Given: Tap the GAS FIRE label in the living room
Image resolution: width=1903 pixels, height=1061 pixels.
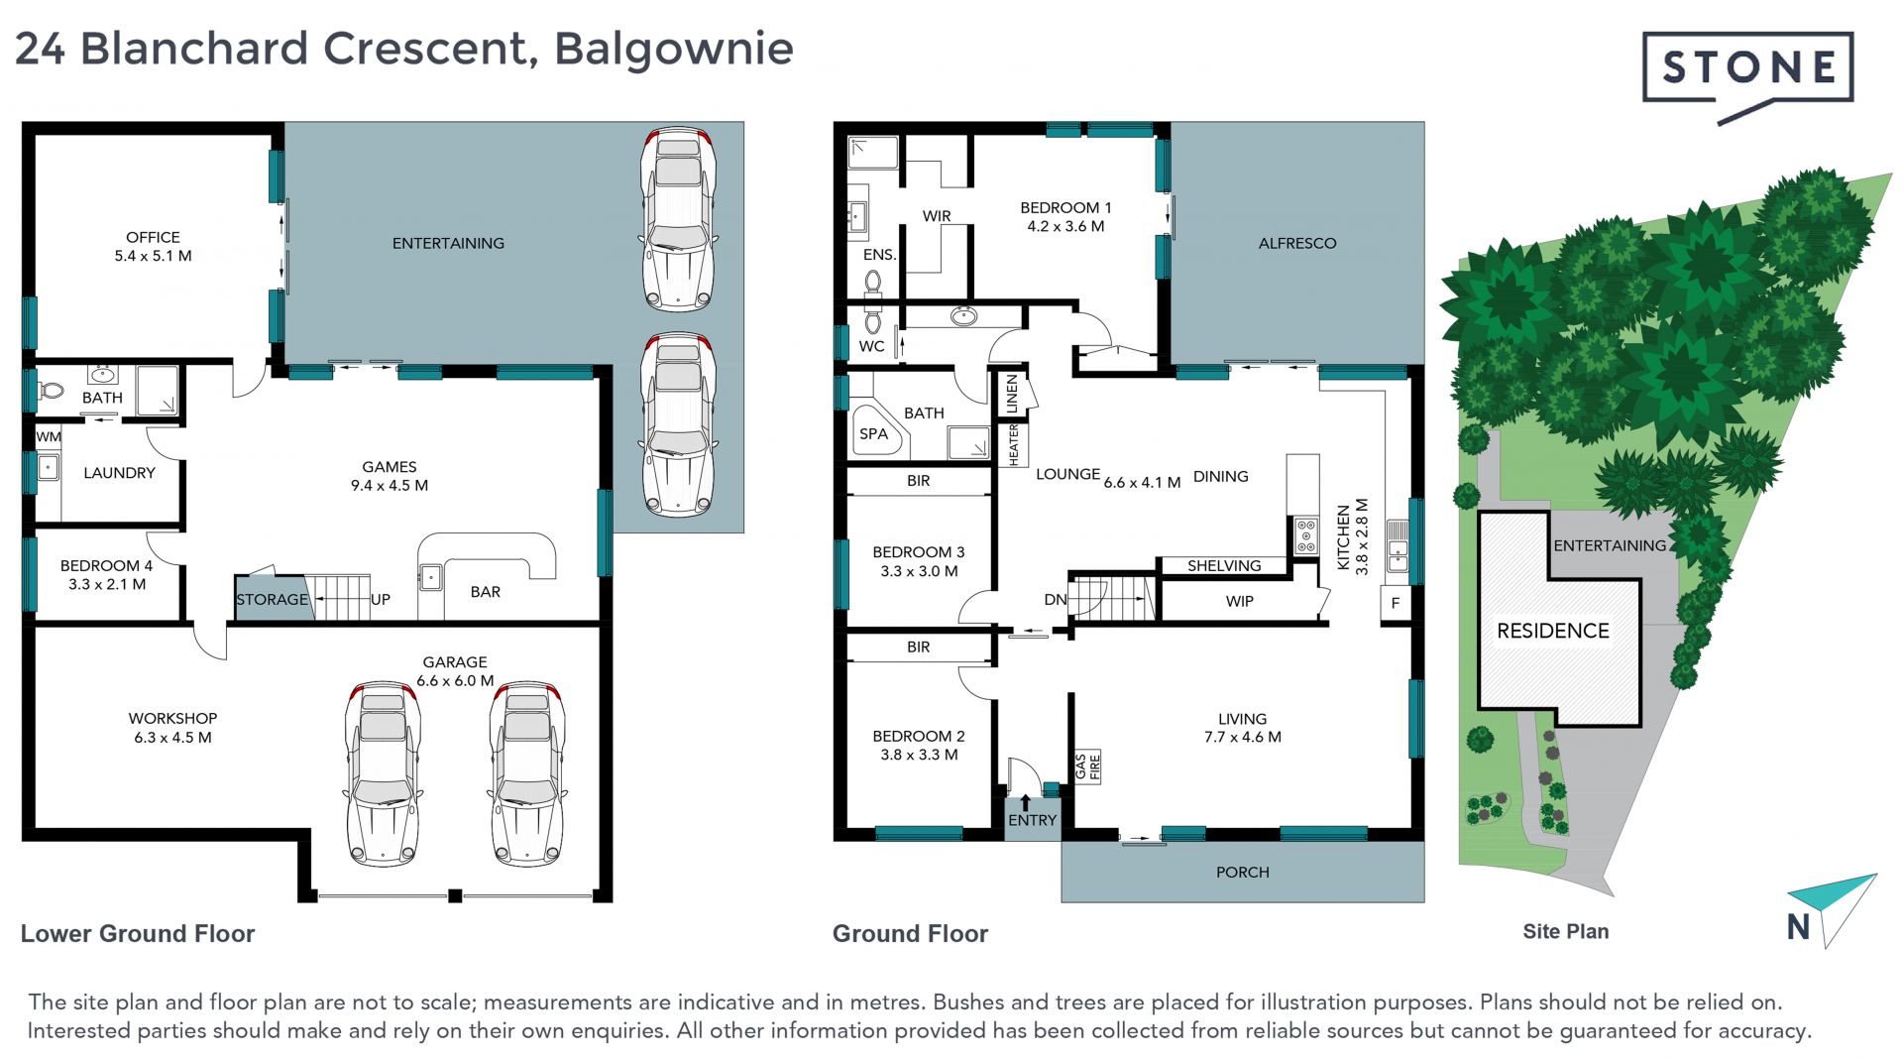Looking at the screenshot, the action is click(x=1087, y=766).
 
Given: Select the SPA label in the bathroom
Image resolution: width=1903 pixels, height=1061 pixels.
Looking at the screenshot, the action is click(x=873, y=433).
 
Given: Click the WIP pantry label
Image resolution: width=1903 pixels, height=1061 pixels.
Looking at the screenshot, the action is click(x=1239, y=601).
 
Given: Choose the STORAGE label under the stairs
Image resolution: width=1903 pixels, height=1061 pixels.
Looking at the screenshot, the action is click(x=273, y=599).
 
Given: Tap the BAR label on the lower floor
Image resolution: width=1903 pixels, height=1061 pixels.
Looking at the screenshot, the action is click(x=485, y=592).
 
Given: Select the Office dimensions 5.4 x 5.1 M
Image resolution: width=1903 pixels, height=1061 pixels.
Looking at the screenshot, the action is click(x=153, y=256).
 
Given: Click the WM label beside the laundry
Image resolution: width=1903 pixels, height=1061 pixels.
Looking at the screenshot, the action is click(x=49, y=436).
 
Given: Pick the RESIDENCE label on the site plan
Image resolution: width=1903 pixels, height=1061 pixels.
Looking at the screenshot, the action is click(x=1552, y=631).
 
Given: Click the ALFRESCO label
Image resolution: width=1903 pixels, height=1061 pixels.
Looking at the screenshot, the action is click(x=1296, y=243).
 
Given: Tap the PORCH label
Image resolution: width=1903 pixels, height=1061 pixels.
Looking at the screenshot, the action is click(x=1242, y=873).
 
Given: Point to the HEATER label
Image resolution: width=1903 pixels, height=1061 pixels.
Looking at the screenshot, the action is click(x=1013, y=444).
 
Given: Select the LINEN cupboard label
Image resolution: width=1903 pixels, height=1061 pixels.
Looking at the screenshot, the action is click(x=1012, y=394).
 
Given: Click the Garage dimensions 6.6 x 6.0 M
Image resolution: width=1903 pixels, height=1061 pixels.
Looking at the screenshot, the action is click(x=455, y=681).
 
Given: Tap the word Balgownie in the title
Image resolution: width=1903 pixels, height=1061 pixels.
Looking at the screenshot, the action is click(x=673, y=50).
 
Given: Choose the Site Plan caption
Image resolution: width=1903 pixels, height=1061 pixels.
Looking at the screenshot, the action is click(x=1565, y=932).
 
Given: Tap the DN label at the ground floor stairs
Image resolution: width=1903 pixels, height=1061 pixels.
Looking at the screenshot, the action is click(x=1056, y=600).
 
